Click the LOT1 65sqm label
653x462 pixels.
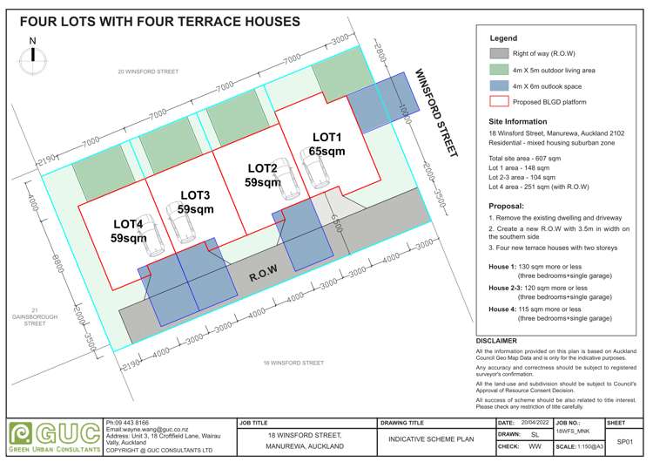click(327, 144)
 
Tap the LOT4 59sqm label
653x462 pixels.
click(128, 230)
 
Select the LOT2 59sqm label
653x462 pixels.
click(262, 175)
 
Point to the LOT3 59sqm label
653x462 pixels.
click(195, 202)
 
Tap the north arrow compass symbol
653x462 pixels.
click(33, 54)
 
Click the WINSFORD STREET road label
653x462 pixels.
click(435, 113)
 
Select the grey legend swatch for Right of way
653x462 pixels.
click(499, 52)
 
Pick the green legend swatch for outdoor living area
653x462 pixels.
click(499, 70)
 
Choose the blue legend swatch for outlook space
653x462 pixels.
click(499, 86)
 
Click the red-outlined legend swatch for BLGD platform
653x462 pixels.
click(499, 102)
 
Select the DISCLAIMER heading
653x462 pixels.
click(496, 341)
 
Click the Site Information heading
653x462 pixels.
click(519, 121)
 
